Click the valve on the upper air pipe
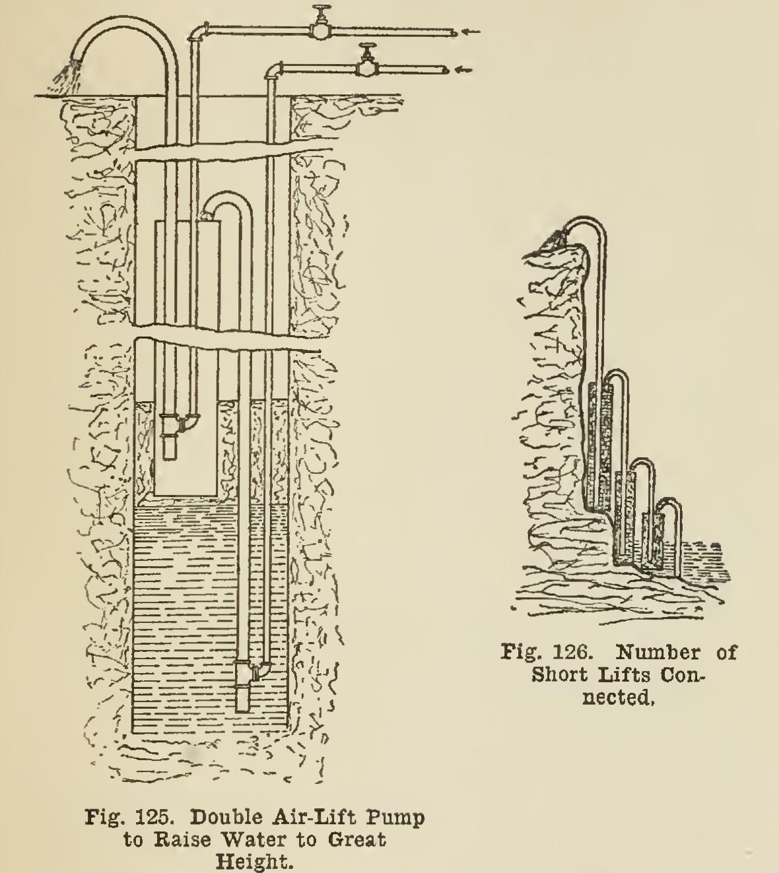322,26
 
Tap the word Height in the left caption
255,862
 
